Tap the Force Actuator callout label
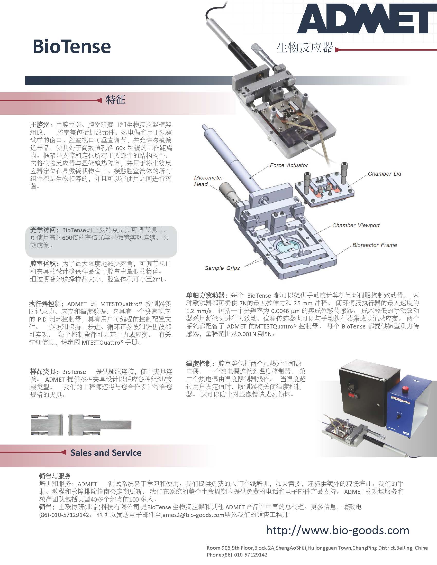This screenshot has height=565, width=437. click(x=289, y=165)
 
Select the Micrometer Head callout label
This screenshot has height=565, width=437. click(x=208, y=181)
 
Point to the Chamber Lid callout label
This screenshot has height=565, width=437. click(x=385, y=174)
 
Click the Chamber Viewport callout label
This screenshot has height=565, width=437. click(x=356, y=225)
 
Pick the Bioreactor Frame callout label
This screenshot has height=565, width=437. click(x=375, y=245)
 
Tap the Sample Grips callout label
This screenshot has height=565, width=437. click(x=222, y=268)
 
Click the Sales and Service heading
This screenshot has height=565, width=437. click(x=106, y=453)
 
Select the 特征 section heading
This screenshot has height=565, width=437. click(x=115, y=100)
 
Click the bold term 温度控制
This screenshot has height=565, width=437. click(x=199, y=363)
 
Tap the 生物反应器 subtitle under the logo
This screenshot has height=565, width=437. click(x=305, y=48)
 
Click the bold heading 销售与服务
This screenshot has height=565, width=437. click(x=55, y=476)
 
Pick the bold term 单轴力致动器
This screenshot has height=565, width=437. click(x=205, y=295)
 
